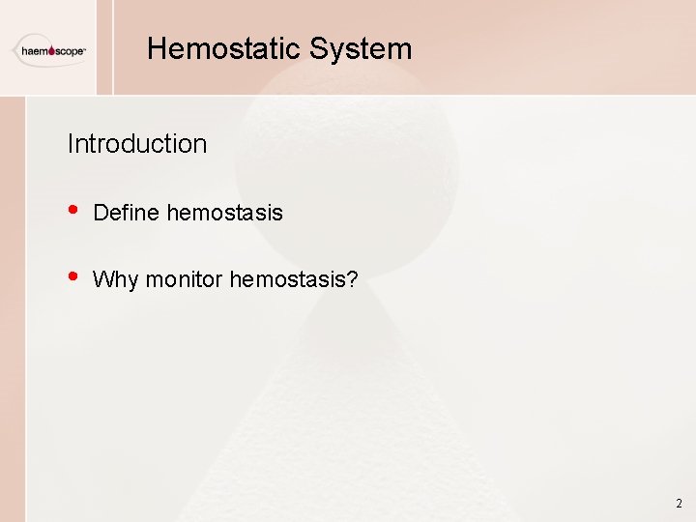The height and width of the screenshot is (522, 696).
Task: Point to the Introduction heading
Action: [x=137, y=144]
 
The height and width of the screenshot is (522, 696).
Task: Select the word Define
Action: [x=127, y=213]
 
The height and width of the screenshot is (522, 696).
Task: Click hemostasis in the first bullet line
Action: [x=225, y=213]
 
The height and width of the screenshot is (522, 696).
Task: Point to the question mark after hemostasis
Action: [x=353, y=280]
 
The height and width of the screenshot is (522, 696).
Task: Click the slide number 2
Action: [x=679, y=504]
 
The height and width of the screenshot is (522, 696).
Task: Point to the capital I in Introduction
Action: [x=70, y=144]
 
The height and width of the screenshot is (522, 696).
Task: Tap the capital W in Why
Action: [x=101, y=280]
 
